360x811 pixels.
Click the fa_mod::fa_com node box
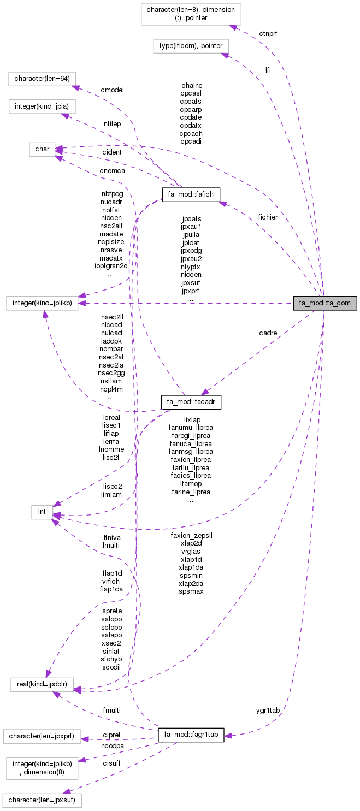[x=324, y=303]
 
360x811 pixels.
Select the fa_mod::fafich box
[x=191, y=194]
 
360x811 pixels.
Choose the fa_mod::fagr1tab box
[x=191, y=735]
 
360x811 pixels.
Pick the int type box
[x=42, y=512]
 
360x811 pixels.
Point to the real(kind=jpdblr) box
[x=42, y=683]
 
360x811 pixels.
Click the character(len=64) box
[x=42, y=79]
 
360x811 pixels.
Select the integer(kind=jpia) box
[x=42, y=106]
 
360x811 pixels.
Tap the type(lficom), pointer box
[x=191, y=46]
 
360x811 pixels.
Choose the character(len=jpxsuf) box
[x=42, y=801]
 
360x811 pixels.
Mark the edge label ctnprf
[x=268, y=34]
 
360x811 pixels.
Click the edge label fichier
[x=268, y=217]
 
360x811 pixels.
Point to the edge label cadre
[x=268, y=333]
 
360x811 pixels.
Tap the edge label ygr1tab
[x=268, y=711]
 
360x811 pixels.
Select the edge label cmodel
[x=112, y=90]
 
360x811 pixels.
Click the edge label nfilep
[x=112, y=124]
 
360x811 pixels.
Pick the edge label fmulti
[x=111, y=710]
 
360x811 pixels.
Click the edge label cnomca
[x=112, y=171]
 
